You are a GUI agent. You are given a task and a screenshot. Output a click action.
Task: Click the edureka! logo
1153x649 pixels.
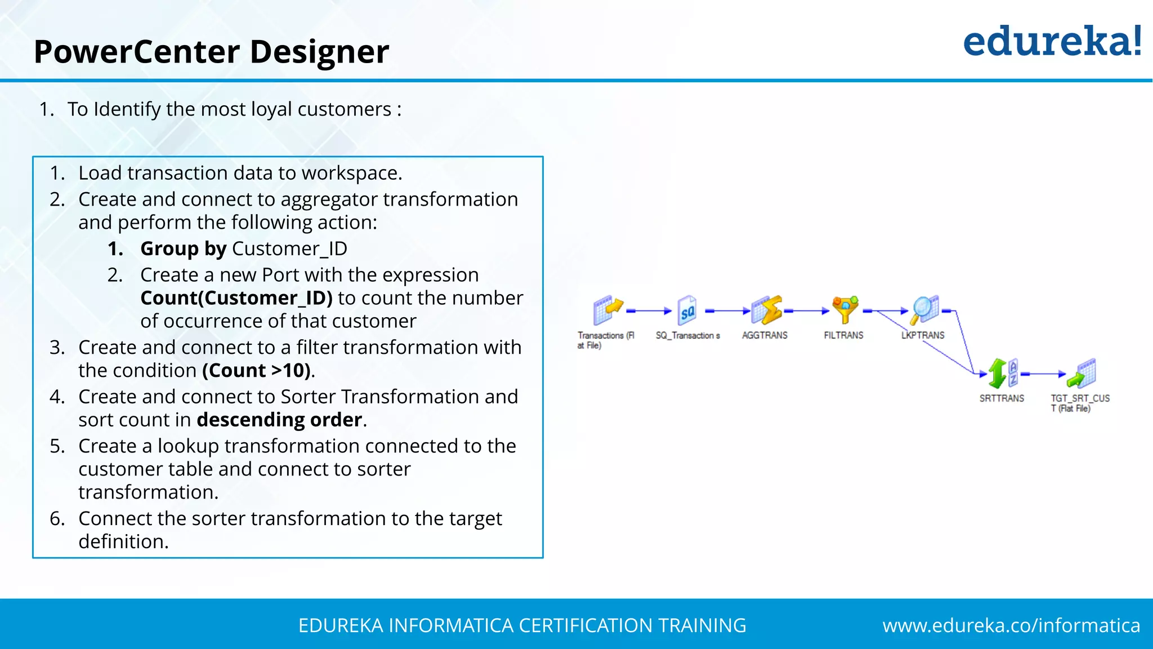pyautogui.click(x=1052, y=42)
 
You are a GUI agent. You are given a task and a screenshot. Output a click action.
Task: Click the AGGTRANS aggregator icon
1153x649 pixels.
pyautogui.click(x=766, y=310)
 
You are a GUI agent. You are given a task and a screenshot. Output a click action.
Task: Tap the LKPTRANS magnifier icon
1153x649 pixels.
pyautogui.click(x=924, y=310)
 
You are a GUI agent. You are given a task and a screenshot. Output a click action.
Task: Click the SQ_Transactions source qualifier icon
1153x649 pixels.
pyautogui.click(x=687, y=310)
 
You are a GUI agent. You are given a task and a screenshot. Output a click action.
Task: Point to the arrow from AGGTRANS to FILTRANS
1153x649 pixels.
pyautogui.click(x=807, y=311)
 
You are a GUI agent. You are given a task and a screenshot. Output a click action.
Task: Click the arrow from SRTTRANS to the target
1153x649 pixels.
pyautogui.click(x=1043, y=374)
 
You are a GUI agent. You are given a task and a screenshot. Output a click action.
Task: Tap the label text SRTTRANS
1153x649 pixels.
pyautogui.click(x=1002, y=398)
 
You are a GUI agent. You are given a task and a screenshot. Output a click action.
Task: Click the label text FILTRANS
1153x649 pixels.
pyautogui.click(x=843, y=335)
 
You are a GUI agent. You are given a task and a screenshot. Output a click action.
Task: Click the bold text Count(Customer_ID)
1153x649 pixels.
pyautogui.click(x=236, y=298)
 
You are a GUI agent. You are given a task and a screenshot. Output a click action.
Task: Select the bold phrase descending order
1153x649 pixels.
pyautogui.click(x=279, y=420)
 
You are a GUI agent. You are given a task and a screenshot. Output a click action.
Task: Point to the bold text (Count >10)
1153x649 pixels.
pyautogui.click(x=256, y=371)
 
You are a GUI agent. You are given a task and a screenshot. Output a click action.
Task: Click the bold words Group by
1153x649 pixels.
pyautogui.click(x=183, y=248)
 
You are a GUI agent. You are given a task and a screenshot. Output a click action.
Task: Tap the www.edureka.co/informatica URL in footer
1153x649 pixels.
pyautogui.click(x=1011, y=625)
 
